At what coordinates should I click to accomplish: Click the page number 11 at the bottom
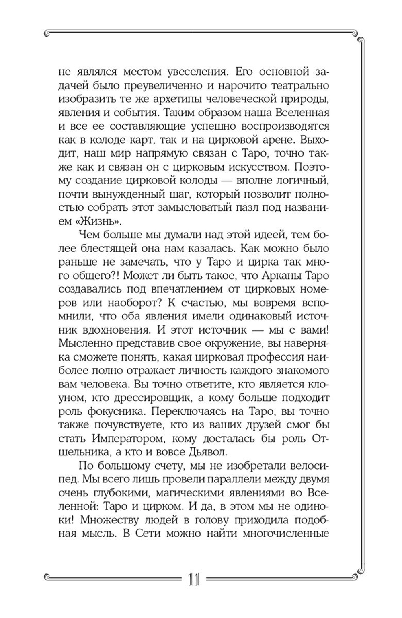pyautogui.click(x=195, y=581)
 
